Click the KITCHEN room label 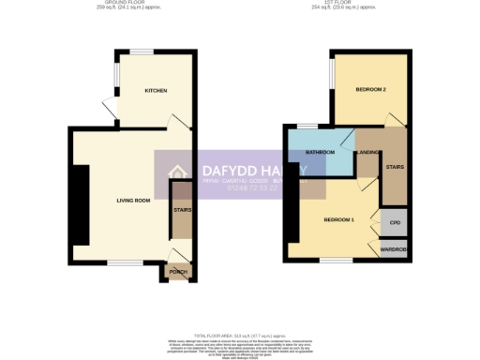156,91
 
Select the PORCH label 178,272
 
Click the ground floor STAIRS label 181,210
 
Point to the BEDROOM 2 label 371,90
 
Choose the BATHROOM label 320,151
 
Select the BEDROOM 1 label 338,219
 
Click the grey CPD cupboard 395,223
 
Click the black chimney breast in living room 82,203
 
